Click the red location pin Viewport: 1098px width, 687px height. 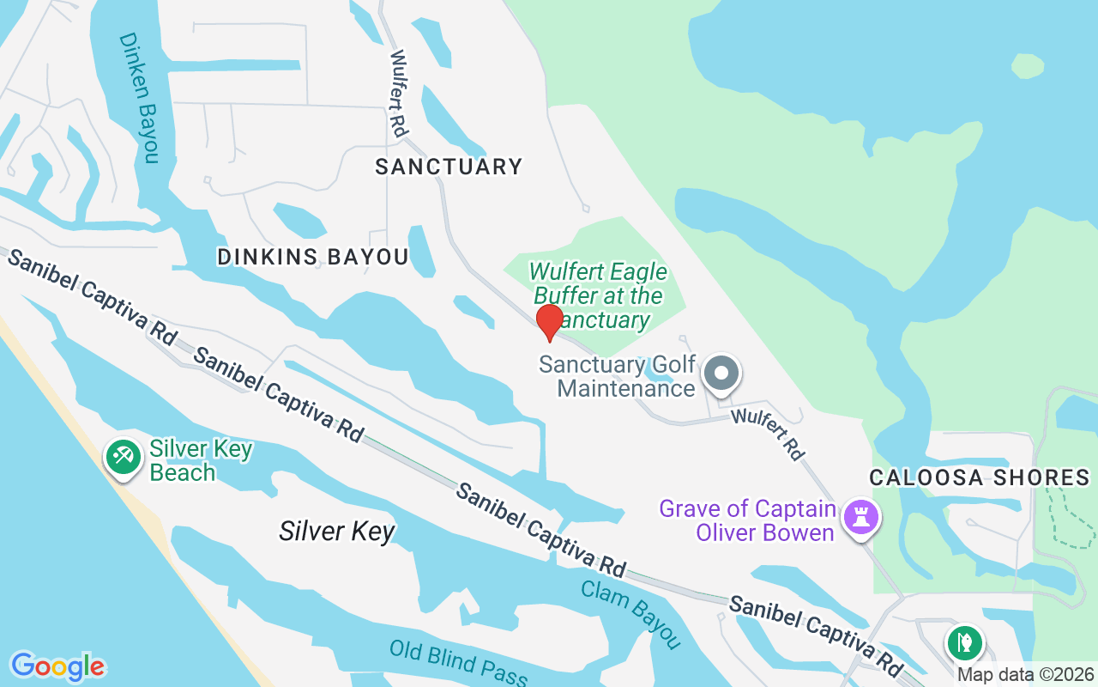[x=549, y=321]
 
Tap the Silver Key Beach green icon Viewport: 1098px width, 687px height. [x=123, y=457]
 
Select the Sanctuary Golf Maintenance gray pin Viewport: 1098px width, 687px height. [x=721, y=374]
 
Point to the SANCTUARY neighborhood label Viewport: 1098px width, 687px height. [x=449, y=167]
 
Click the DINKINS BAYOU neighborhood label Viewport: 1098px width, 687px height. [x=313, y=257]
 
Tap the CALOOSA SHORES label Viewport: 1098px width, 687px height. [x=979, y=477]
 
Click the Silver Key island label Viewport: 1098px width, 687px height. [x=336, y=532]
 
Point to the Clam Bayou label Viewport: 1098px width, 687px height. [x=630, y=614]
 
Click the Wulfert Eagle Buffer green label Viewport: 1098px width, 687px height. [x=598, y=296]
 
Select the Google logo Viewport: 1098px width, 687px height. [x=57, y=666]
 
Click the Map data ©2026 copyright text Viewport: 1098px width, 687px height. [x=1026, y=675]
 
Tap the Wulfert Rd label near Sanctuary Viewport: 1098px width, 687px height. [x=398, y=94]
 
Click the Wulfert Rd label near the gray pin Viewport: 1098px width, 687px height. [x=768, y=434]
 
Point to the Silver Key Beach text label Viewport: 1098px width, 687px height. [x=201, y=460]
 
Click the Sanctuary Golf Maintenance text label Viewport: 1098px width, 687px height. [x=618, y=376]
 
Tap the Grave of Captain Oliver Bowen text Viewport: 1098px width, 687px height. [x=747, y=520]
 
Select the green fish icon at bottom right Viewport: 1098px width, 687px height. [x=965, y=641]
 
